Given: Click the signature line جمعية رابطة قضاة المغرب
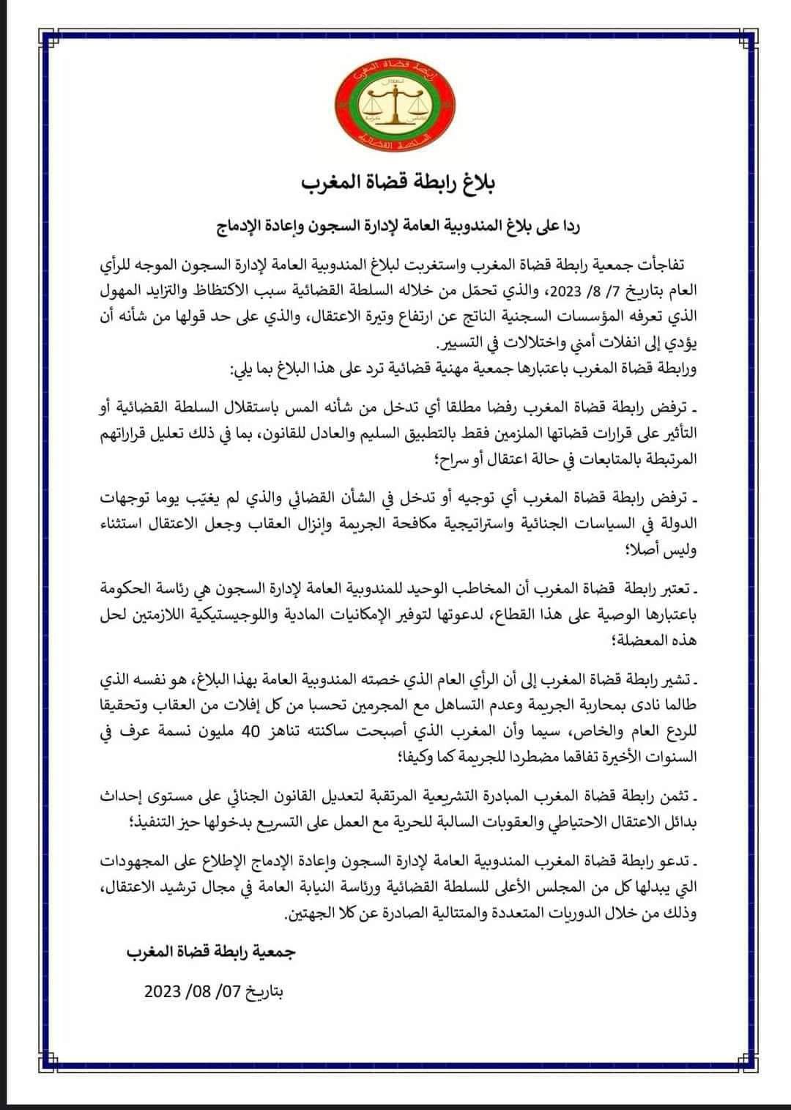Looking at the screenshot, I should (212, 952).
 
